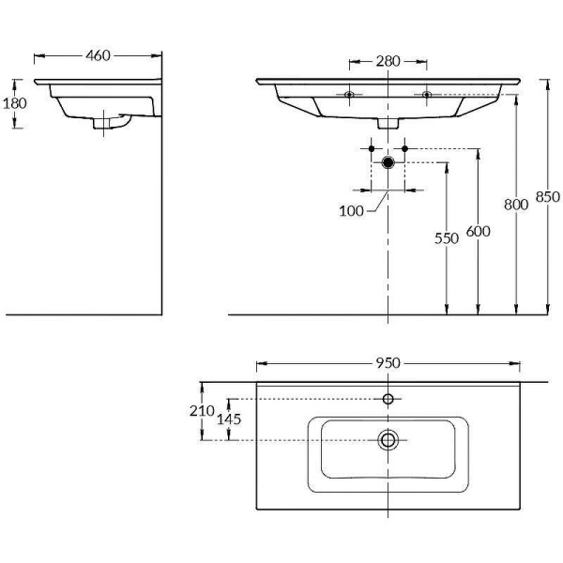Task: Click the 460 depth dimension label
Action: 99,55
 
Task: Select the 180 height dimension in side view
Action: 15,103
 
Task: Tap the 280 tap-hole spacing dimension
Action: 388,62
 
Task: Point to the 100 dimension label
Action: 351,211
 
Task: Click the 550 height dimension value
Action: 447,238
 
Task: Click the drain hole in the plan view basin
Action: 388,439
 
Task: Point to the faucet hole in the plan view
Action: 388,399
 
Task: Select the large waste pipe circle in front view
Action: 388,162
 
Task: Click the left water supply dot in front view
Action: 372,148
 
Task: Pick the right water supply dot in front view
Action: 404,148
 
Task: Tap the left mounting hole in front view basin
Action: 349,94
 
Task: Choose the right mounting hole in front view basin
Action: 426,94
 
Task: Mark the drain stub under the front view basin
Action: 388,122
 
